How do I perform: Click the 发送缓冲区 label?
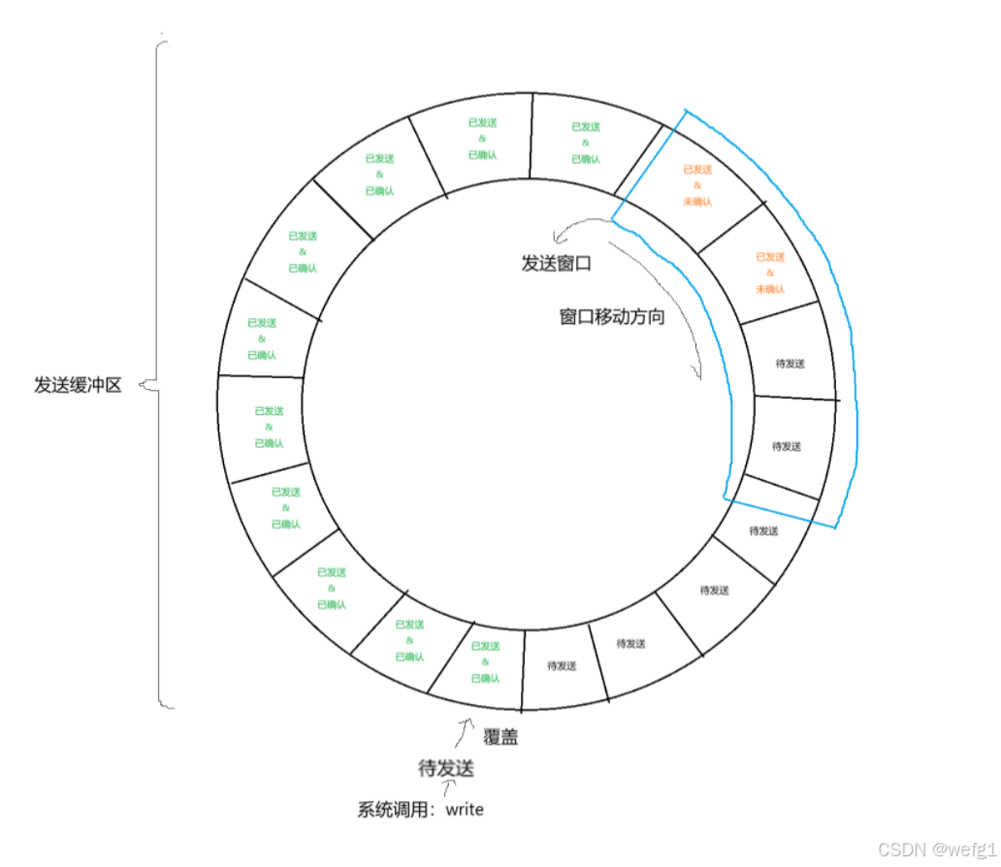[78, 385]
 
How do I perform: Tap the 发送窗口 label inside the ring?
[556, 263]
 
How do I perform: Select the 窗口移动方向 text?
[612, 317]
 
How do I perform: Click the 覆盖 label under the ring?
[500, 737]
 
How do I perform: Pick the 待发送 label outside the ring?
[445, 769]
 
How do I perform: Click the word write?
[465, 809]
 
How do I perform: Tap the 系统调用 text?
[394, 810]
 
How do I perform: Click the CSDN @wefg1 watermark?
[936, 849]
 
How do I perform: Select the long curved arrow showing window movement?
[679, 291]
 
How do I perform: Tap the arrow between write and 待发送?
[448, 789]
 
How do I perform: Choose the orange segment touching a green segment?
[696, 185]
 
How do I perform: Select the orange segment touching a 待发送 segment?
[769, 273]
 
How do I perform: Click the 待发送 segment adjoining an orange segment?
[790, 364]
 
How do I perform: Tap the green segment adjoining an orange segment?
[585, 143]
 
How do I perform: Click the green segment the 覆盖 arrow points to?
[485, 661]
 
